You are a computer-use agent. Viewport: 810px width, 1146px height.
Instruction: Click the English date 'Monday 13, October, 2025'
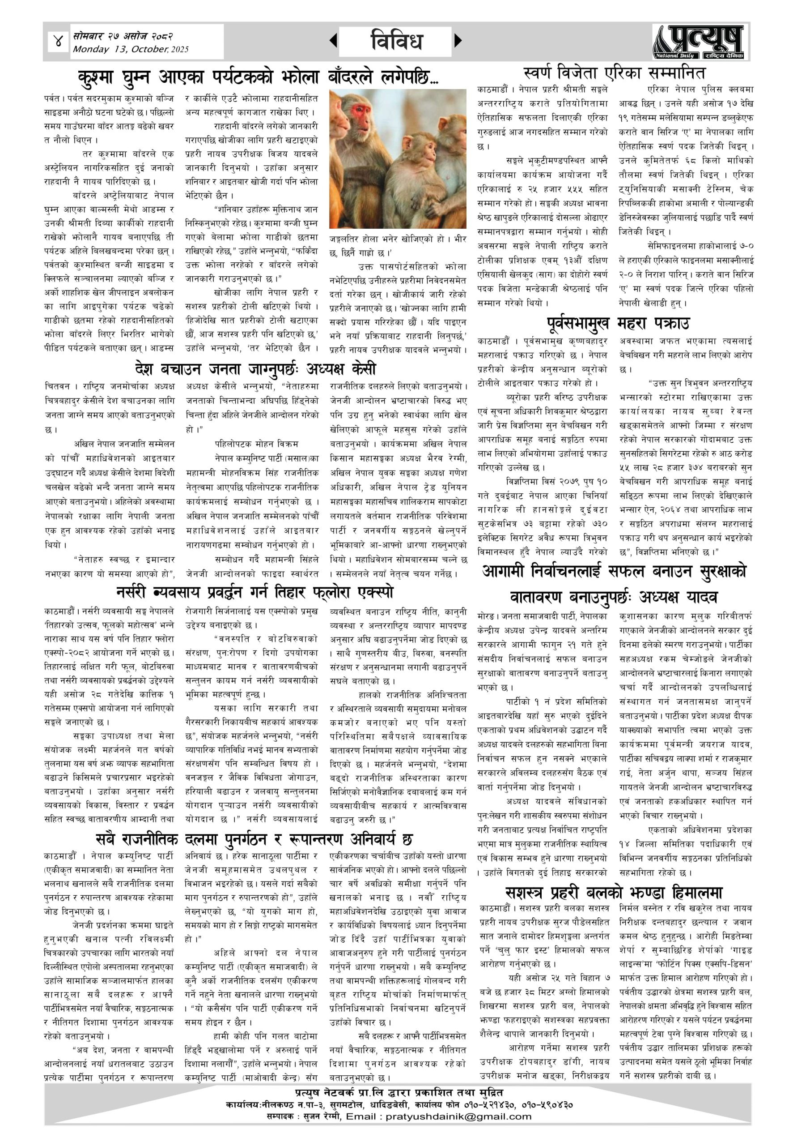click(131, 49)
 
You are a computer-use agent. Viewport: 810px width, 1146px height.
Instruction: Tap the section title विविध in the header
click(397, 41)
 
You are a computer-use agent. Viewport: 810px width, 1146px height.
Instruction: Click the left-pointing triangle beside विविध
click(333, 41)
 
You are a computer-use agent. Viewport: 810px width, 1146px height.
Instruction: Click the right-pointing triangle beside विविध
click(458, 41)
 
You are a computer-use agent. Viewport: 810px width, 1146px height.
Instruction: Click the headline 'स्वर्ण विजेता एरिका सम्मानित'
click(615, 73)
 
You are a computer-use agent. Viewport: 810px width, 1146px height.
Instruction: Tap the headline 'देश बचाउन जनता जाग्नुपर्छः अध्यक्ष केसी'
click(255, 369)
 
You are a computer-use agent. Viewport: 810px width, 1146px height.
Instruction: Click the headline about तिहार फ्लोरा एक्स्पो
click(255, 592)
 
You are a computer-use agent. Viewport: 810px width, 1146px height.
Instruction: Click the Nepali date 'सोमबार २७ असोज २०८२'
click(123, 36)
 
